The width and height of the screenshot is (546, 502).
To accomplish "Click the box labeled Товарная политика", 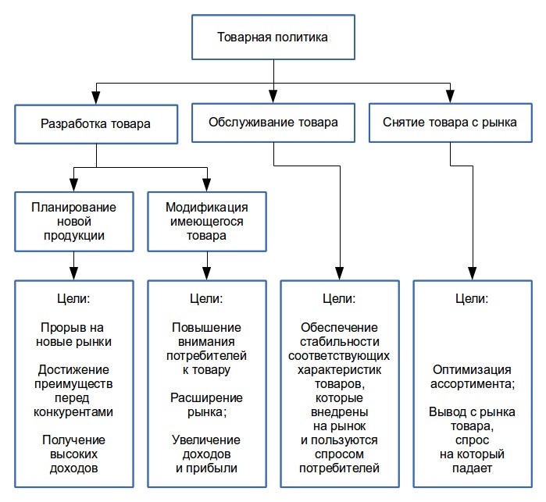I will point(273,37).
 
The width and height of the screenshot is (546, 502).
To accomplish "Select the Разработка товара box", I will point(95,123).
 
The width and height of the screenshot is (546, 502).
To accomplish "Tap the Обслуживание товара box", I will point(273,123).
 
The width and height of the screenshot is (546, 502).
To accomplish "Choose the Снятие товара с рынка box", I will point(451,123).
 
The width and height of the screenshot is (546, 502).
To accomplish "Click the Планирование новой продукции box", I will point(73,220).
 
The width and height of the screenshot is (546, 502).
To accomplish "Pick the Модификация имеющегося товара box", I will point(206,220).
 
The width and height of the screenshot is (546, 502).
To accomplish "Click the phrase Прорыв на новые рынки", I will point(74,334).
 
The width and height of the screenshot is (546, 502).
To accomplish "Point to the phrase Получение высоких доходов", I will point(74,454).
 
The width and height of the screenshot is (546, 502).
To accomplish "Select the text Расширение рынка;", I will point(206,404).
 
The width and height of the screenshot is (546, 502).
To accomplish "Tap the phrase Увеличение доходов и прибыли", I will point(206,454).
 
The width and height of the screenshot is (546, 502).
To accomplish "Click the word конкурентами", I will point(74,411).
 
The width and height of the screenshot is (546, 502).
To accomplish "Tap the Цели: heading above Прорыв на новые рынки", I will point(74,299).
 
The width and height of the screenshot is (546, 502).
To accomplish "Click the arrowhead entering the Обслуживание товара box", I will point(273,97).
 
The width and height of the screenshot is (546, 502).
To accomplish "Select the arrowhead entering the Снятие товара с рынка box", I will point(451,97).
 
